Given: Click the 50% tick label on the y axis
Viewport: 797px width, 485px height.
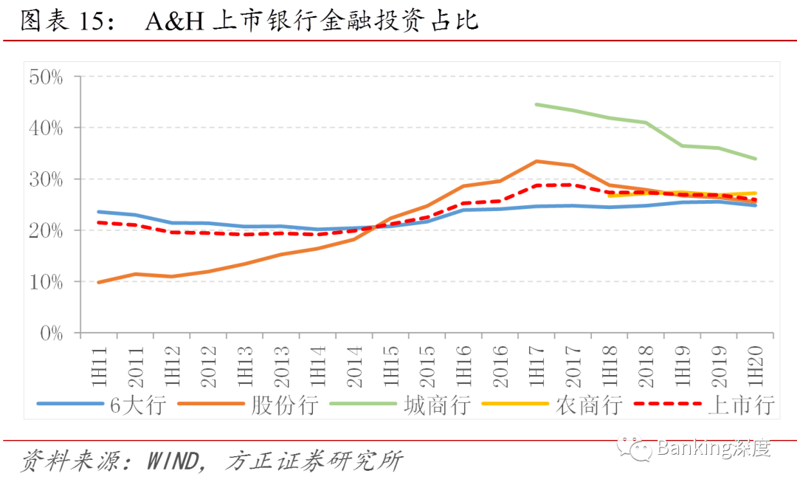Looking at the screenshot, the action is [x=46, y=78].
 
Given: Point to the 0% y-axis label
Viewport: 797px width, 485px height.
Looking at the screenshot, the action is [x=52, y=334].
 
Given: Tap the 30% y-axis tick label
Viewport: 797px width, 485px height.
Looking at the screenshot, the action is [x=46, y=179].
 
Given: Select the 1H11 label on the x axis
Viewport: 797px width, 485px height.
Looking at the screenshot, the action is [x=99, y=366].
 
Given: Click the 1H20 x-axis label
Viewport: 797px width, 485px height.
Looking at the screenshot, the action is [x=756, y=366].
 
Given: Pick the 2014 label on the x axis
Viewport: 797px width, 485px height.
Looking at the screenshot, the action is [x=354, y=367].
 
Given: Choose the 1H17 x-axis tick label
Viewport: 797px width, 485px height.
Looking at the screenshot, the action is [x=536, y=366].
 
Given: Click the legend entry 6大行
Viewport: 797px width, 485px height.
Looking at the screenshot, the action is [x=102, y=405].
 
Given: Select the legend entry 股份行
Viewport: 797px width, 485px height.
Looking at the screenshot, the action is [x=248, y=405].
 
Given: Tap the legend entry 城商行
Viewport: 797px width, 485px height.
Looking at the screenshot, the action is [x=400, y=405].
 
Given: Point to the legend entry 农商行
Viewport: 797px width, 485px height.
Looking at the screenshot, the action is [x=552, y=405].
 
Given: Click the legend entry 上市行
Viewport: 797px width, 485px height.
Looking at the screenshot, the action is [x=705, y=405].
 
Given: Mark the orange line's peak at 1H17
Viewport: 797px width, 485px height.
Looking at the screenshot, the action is [x=536, y=161].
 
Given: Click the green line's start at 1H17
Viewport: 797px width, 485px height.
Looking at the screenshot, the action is [x=536, y=104].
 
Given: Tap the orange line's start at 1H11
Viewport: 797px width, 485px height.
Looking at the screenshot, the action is [x=99, y=282].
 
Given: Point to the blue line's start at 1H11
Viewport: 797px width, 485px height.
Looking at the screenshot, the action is [x=99, y=212].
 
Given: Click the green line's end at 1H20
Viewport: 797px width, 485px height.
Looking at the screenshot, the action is [x=756, y=159].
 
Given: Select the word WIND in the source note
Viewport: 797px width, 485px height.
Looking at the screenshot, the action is [x=173, y=461].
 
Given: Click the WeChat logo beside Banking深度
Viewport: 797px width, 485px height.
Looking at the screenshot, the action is [x=634, y=447].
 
